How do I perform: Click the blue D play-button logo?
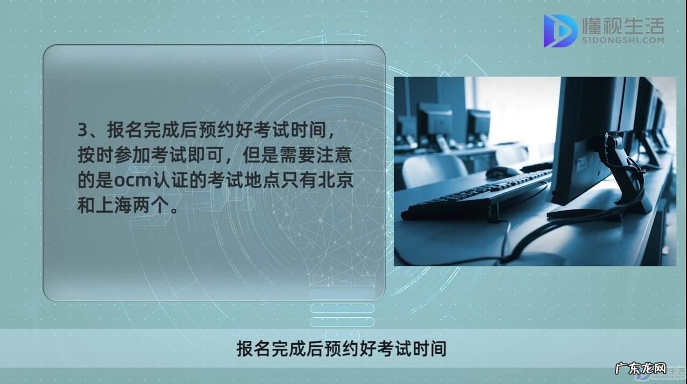coord(560,31)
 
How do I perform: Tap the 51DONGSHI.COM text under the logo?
coord(623,40)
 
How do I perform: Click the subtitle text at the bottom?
coord(342,348)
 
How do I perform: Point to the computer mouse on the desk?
coord(503,172)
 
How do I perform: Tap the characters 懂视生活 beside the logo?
coord(623,25)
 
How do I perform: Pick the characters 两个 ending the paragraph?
coord(155,206)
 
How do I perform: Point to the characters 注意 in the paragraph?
coord(338,156)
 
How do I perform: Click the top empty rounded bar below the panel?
coord(342,295)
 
